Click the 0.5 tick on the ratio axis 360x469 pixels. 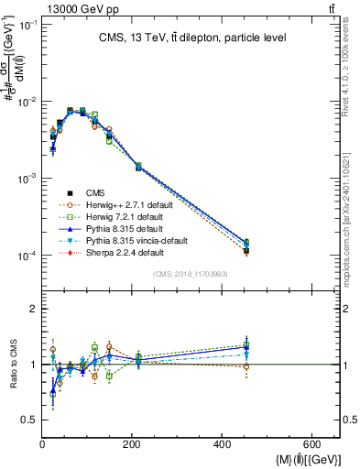(x=29, y=420)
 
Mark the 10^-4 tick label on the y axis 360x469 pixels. (x=27, y=256)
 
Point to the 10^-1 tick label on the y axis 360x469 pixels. (x=27, y=25)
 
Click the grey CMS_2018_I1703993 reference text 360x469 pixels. (x=190, y=275)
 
